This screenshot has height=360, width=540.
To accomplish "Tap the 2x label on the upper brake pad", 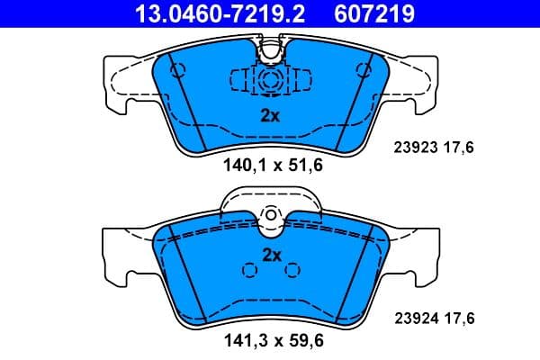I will click(270, 115).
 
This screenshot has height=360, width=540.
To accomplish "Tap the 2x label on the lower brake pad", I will click(272, 255).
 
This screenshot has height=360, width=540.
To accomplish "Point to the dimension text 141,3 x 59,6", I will click(273, 340).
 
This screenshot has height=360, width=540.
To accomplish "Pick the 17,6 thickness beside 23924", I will click(461, 317).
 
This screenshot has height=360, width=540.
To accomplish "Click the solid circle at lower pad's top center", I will click(270, 216).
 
